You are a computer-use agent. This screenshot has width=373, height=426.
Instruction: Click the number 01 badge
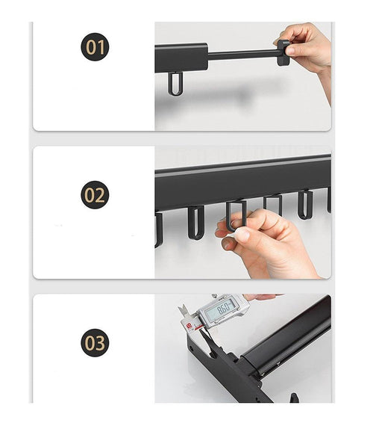point(95,48)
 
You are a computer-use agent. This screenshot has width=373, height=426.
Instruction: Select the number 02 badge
point(95,196)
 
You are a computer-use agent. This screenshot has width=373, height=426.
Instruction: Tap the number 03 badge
point(95,344)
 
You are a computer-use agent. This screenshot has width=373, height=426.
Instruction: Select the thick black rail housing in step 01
point(181,56)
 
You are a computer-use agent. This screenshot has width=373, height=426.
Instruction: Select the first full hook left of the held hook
point(195,221)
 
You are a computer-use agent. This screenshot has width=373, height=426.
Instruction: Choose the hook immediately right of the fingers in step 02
point(272,205)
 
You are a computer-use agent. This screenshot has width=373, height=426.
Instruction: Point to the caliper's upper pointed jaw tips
point(184,309)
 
